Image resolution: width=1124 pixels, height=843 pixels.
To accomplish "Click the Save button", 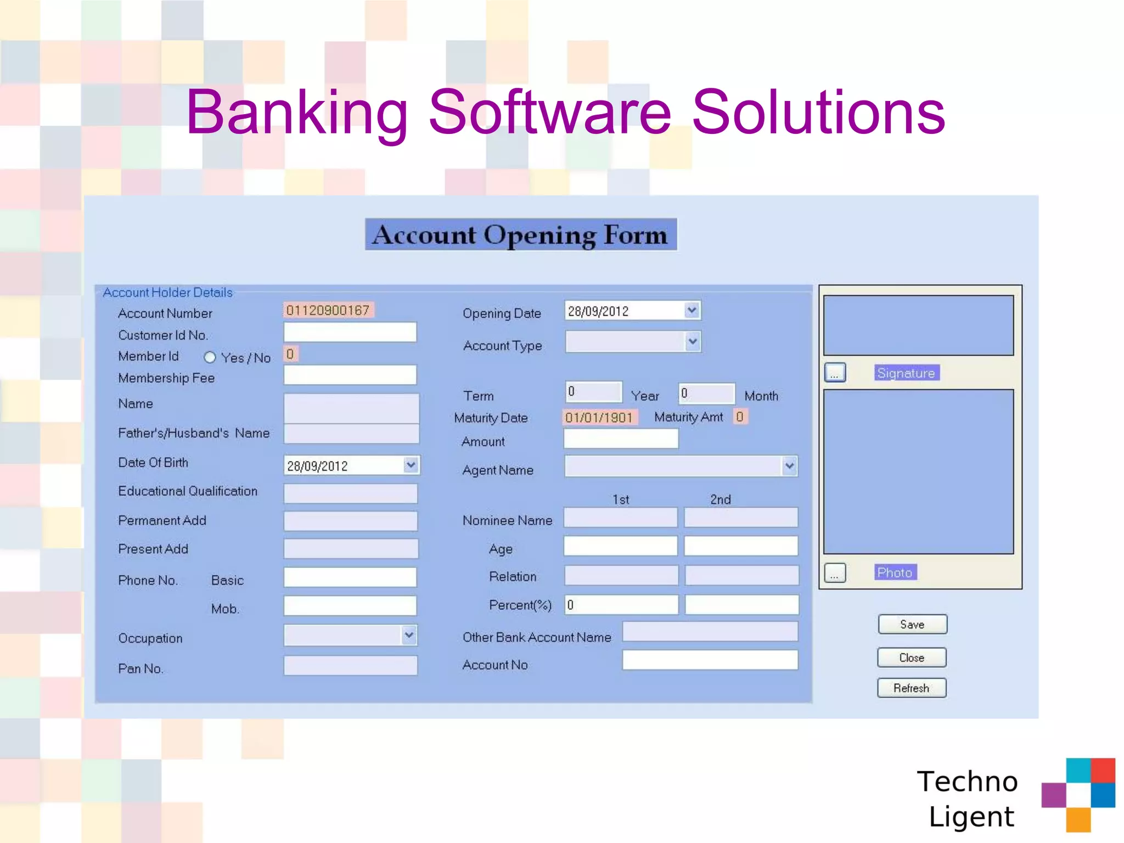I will coord(912,625).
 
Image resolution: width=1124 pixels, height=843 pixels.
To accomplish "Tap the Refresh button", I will coord(912,688).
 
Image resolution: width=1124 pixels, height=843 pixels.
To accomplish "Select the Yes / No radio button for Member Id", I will coord(210,358).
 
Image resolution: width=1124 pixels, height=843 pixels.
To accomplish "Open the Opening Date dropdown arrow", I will coord(692,311).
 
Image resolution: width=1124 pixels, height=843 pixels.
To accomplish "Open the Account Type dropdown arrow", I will coord(693,342).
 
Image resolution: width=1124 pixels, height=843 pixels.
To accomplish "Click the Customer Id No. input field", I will coord(350,333).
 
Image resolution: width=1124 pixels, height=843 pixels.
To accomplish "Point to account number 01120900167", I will coord(328,311).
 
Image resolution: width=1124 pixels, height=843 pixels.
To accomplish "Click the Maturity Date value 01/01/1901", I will coord(599,418).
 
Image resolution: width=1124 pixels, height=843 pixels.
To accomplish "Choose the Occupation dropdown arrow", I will coord(409,636).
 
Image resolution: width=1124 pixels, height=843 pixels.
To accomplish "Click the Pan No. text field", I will coord(350,666).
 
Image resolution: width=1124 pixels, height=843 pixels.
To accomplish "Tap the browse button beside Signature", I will coord(835,373).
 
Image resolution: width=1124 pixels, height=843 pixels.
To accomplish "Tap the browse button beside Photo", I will coord(835,574).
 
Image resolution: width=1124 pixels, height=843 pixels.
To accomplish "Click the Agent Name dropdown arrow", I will coord(789,467).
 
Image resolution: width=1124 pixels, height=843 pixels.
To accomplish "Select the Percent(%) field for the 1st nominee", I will coord(621,605).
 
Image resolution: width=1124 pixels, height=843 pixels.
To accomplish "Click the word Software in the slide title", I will coord(549,113).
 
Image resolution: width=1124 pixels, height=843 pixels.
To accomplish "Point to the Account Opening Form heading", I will coord(520,235).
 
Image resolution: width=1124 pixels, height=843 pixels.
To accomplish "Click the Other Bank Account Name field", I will coord(710,632).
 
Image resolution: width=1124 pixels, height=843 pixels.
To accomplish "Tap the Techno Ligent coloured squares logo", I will coord(1078,794).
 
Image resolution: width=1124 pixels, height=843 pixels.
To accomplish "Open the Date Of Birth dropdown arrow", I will coord(411,465).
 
